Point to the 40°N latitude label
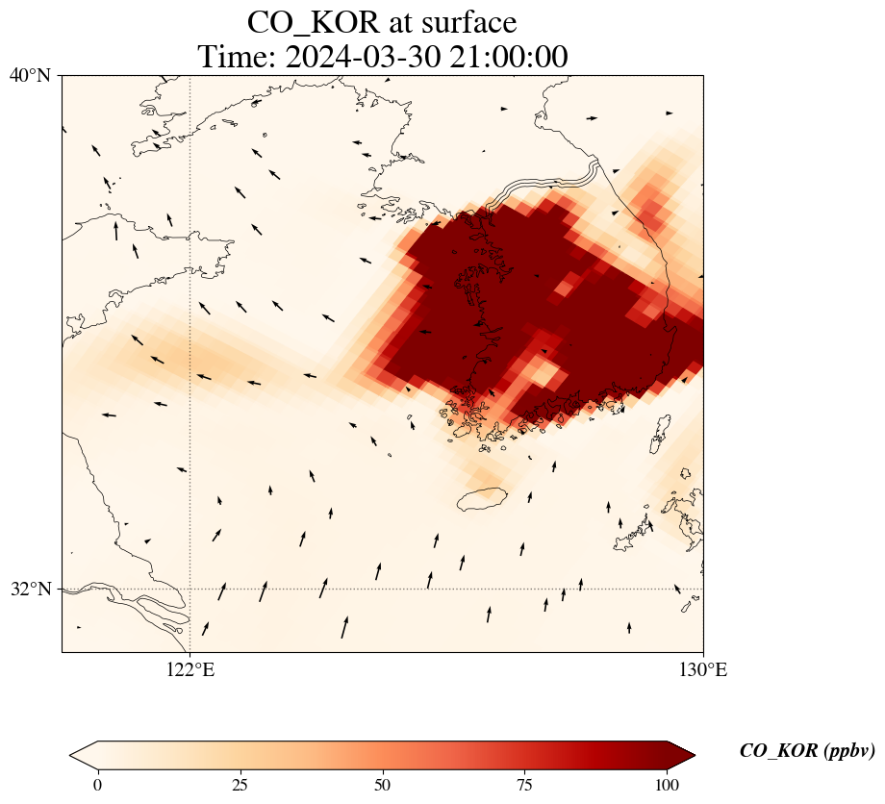[x=30, y=75]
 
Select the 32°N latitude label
[x=30, y=589]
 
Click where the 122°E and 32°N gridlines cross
[x=190, y=589]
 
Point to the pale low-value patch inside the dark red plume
[x=544, y=372]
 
